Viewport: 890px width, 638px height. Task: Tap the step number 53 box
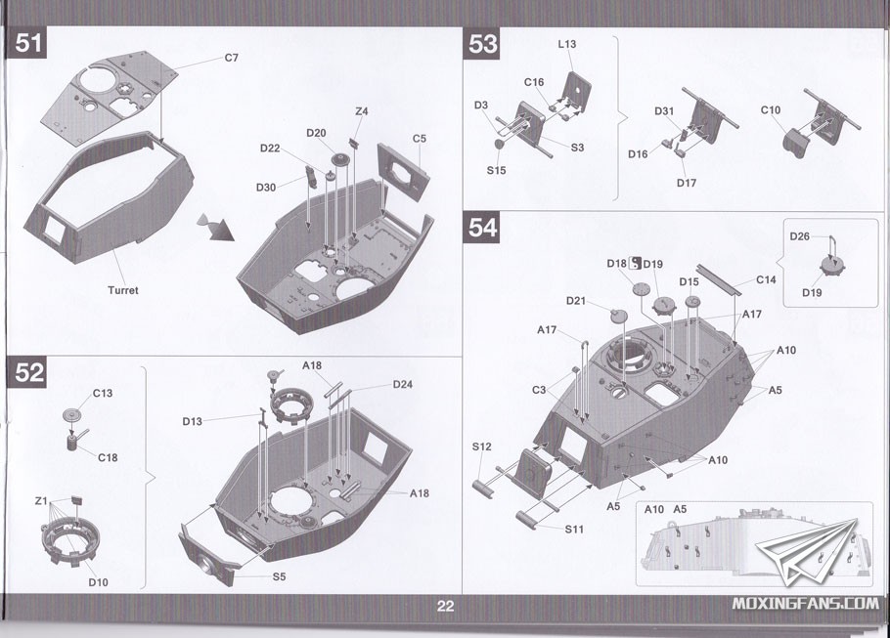pos(483,44)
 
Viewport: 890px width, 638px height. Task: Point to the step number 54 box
pos(483,229)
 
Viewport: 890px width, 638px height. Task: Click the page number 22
pos(445,607)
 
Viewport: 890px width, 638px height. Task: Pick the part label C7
pos(231,58)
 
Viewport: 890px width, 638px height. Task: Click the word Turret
pos(124,290)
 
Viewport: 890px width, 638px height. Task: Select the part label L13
pos(567,45)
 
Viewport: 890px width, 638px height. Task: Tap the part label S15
pos(497,170)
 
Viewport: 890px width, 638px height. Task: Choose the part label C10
pos(771,110)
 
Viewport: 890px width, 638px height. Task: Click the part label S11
pos(574,529)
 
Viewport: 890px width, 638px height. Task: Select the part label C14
pos(767,279)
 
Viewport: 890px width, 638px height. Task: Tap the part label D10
pos(98,583)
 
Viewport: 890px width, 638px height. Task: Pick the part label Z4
pos(362,111)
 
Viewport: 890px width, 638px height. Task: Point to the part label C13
pos(103,394)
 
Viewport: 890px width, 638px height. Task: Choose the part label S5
pos(279,575)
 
